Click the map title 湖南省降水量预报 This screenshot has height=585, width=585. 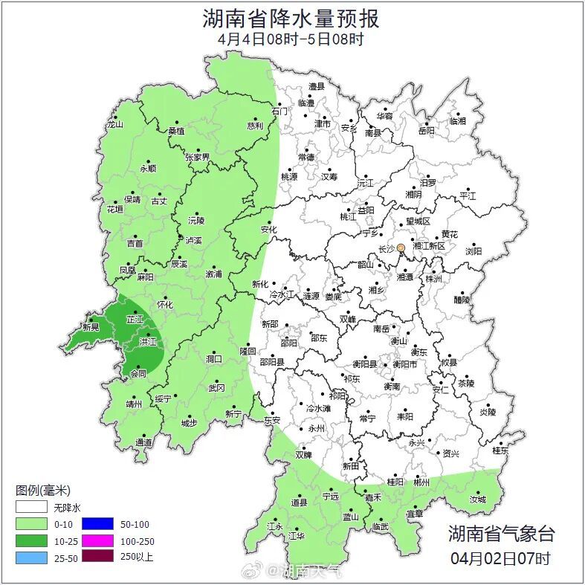pos(291,18)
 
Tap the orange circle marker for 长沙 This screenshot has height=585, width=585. pos(401,248)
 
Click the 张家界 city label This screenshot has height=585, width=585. pos(198,157)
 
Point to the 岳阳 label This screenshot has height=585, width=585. pos(426,131)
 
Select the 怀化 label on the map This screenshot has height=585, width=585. pos(164,305)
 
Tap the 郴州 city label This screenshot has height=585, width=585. pos(421,482)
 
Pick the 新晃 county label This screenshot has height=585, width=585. pos(91,327)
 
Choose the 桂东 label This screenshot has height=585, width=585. pos(500,450)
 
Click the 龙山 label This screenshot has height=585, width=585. pos(114,125)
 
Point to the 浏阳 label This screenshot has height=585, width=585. pos(474,251)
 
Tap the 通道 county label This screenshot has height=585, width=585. pos(143,443)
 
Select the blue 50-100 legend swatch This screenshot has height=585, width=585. pos(97,523)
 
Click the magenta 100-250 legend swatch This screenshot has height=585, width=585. pos(97,540)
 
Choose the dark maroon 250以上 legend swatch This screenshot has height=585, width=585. pos(97,556)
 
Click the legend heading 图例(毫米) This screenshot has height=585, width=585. pos(43,491)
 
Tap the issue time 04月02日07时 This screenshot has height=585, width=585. pos(500,557)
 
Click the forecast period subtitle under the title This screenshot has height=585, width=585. pos(291,39)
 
